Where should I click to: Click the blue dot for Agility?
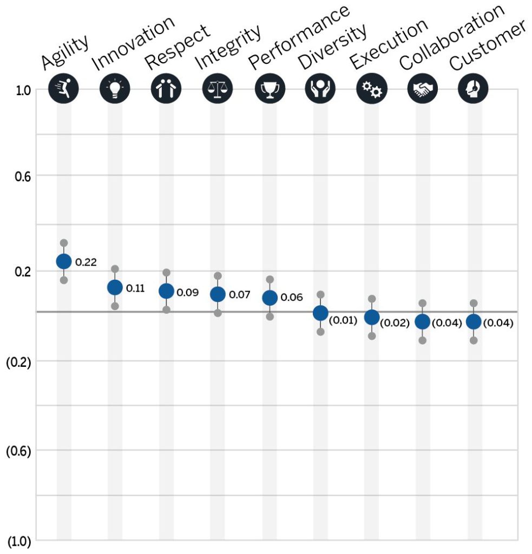point(64,261)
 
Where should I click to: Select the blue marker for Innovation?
point(115,287)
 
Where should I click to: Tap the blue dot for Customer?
point(474,322)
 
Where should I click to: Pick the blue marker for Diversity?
point(320,313)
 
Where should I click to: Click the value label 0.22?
point(86,262)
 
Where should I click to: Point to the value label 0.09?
point(188,293)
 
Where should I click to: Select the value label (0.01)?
point(343,320)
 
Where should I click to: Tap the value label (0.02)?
point(395,323)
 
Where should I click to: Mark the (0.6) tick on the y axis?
point(18,451)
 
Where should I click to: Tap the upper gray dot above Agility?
point(64,243)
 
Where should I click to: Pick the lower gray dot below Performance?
point(270,316)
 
